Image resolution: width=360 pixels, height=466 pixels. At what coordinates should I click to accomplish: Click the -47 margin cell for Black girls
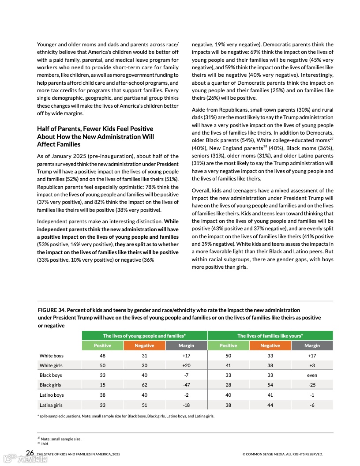pos(186,385)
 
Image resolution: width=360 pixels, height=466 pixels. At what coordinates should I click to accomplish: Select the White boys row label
pos(51,356)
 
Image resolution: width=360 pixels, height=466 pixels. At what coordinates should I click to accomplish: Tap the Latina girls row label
pos(51,405)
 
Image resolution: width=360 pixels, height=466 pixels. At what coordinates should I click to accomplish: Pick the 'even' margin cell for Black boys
pos(312,375)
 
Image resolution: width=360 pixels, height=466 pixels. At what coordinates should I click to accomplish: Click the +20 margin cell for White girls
pos(186,365)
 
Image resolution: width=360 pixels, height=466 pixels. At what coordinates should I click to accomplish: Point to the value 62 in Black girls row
pos(144,385)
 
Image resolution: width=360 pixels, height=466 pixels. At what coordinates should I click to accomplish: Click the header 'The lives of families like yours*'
pos(270,336)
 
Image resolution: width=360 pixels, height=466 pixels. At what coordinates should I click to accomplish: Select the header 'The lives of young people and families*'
pos(144,336)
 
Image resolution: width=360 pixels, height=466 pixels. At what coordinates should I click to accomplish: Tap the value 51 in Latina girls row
pos(144,405)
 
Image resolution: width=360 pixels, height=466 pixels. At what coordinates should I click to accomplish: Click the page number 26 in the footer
pos(30,453)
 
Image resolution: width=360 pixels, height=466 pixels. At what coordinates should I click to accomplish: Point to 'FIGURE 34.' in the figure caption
pos(51,310)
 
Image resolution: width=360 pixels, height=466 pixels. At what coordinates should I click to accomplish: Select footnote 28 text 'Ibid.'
pos(45,444)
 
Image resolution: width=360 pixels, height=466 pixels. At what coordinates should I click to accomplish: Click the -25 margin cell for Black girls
pos(312,385)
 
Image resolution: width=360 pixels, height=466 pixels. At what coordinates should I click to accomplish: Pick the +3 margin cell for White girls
pos(312,365)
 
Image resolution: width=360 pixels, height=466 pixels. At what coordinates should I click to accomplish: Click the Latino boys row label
pos(52,395)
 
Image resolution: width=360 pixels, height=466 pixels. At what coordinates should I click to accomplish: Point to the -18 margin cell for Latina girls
pos(186,405)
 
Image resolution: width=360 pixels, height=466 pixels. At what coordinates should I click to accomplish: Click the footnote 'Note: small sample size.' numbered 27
pos(61,439)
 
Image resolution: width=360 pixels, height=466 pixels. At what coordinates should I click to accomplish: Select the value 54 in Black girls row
pos(270,385)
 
